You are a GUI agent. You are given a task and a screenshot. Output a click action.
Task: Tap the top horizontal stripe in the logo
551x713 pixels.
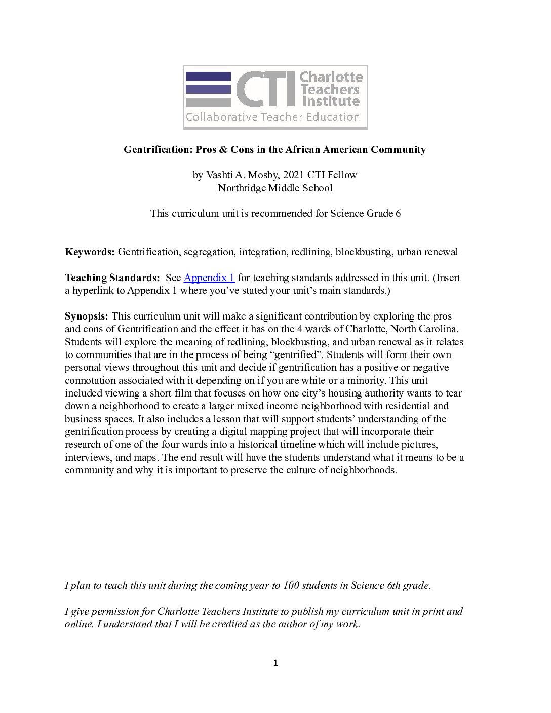pos(208,76)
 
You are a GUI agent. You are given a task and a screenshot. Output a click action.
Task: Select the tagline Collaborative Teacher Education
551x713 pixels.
pos(272,117)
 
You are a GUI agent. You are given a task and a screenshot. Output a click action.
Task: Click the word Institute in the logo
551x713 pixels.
pos(331,101)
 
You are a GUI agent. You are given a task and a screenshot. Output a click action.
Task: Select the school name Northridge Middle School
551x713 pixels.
pos(275,188)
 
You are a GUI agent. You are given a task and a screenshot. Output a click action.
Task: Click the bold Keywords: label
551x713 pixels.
pos(90,252)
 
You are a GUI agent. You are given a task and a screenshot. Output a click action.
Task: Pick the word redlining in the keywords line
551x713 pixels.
pos(309,252)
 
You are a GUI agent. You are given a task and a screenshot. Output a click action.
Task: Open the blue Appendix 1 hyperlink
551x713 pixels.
pos(209,278)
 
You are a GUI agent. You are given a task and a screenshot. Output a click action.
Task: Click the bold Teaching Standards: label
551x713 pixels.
pos(112,278)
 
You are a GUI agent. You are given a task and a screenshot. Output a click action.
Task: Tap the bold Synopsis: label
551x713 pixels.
pos(86,316)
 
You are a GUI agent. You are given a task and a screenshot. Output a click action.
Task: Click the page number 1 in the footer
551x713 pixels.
pos(275,663)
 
